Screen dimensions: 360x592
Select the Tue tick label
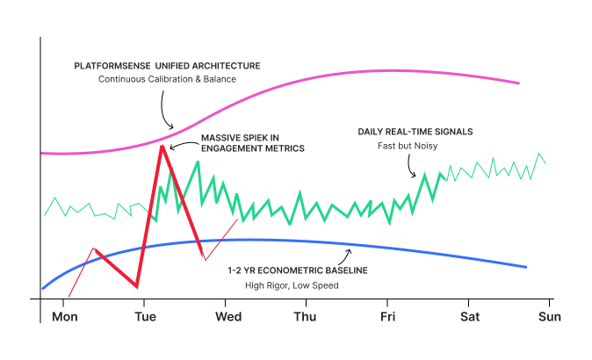pyautogui.click(x=145, y=316)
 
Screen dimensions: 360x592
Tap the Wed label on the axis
pyautogui.click(x=228, y=316)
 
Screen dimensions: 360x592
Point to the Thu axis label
pyautogui.click(x=306, y=316)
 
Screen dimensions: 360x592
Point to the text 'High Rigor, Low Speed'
pyautogui.click(x=292, y=285)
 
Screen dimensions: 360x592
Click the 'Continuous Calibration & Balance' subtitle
pyautogui.click(x=167, y=80)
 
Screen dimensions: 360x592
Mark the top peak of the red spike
pyautogui.click(x=162, y=145)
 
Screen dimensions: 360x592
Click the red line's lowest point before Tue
pyautogui.click(x=137, y=286)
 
